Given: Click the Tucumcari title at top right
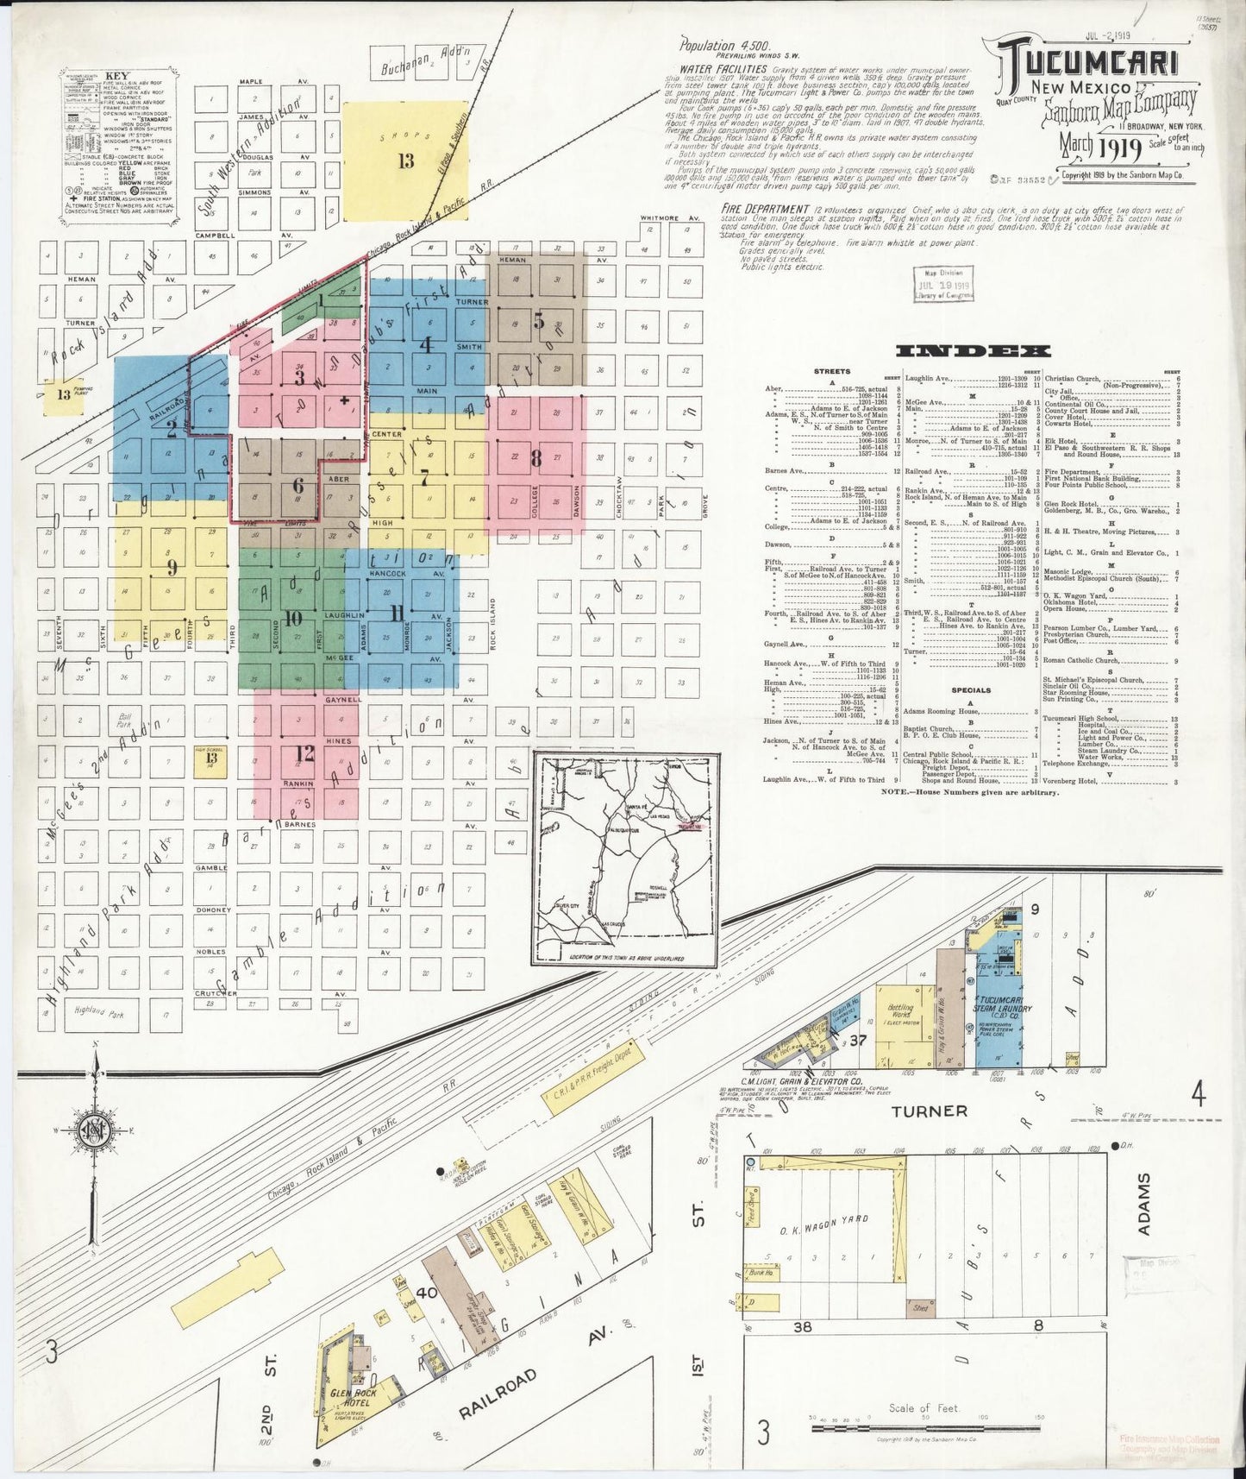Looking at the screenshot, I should point(1089,61).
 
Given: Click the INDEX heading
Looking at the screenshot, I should point(974,350).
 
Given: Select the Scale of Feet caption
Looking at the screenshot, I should point(924,1408).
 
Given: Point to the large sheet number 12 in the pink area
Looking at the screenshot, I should point(305,755).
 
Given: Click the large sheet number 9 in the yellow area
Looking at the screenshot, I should point(172,567).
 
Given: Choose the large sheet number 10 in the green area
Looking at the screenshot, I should point(293,618).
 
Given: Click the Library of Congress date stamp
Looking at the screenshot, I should point(944,284).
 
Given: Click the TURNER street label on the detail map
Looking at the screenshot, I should point(929,1111).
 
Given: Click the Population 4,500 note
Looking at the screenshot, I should point(725,47).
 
